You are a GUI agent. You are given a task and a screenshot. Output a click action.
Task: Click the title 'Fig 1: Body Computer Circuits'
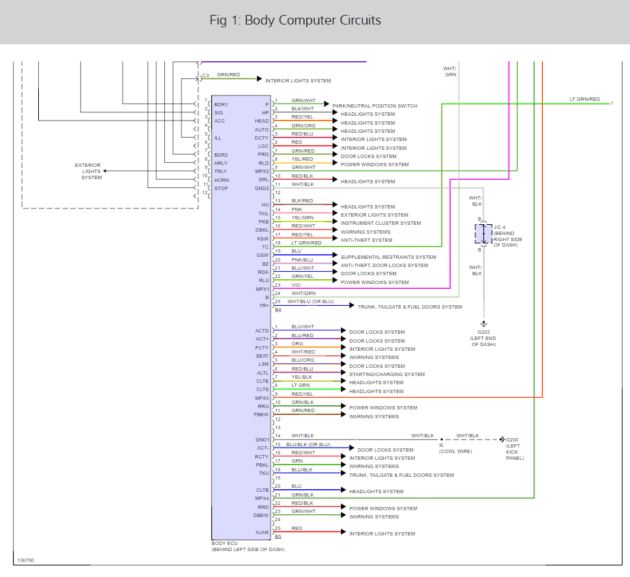click(295, 20)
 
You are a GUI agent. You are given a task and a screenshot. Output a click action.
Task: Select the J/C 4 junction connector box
click(483, 234)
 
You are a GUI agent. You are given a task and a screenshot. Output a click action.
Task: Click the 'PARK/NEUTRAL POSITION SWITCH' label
click(374, 106)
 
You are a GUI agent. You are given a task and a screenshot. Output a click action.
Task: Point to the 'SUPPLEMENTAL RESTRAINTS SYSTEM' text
click(389, 258)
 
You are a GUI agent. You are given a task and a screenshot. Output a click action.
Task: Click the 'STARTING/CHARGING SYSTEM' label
click(387, 374)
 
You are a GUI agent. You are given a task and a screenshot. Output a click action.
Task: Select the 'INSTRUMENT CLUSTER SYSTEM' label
click(381, 223)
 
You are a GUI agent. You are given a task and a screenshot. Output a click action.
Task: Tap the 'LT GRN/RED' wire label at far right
click(585, 99)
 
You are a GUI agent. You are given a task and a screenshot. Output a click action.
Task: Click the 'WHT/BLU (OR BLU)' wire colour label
click(310, 301)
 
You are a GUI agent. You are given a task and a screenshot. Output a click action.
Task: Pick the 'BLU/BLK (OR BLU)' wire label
click(309, 445)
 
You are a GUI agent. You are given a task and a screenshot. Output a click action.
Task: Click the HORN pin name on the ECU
click(222, 180)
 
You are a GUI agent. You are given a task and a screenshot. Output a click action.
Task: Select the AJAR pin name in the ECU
click(262, 532)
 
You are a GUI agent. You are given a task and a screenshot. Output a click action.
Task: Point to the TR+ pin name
click(264, 306)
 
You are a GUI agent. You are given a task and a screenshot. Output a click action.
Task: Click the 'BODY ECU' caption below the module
click(224, 543)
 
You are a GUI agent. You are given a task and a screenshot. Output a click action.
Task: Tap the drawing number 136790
click(25, 561)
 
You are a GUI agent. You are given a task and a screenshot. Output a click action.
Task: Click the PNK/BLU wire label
click(302, 260)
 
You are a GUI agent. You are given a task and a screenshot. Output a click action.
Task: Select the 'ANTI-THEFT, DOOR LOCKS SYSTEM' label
click(385, 266)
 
